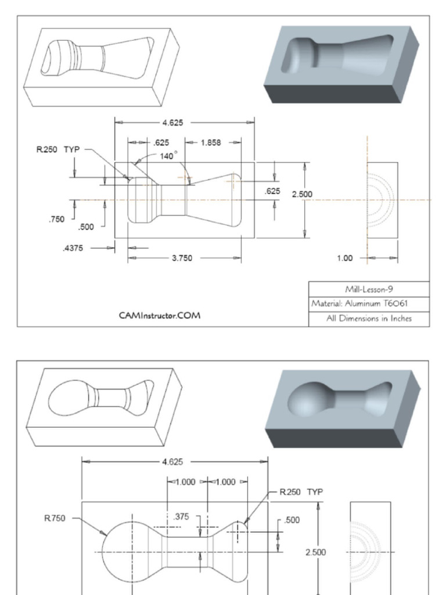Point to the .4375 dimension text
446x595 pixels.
(x=73, y=248)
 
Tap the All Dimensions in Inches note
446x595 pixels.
(x=369, y=318)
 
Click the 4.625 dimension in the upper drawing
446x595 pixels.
(x=176, y=122)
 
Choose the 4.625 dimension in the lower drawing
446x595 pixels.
(x=174, y=462)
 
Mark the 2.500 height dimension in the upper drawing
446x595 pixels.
(x=301, y=194)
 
